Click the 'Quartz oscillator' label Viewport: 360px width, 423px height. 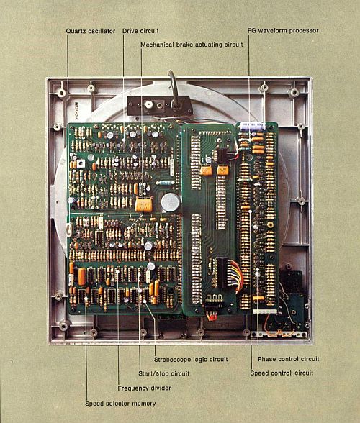91,31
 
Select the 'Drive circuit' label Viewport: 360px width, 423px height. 140,31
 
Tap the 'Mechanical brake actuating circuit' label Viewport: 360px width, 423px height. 192,45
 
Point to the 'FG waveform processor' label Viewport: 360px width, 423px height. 283,30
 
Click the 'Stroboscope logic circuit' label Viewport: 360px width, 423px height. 191,360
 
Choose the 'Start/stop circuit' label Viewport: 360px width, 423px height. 164,373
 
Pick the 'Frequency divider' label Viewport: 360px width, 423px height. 144,388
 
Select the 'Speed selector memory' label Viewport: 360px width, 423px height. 120,404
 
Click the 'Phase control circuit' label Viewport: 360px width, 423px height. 289,359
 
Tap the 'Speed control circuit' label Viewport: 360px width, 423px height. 282,373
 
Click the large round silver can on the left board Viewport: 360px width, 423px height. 171,202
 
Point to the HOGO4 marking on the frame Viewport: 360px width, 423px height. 76,111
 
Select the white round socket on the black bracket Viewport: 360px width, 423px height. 148,104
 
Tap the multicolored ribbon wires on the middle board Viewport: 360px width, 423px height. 235,275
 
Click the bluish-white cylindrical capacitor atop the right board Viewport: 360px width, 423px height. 253,126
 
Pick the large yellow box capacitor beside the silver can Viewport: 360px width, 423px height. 144,204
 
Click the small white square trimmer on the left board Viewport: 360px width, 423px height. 81,163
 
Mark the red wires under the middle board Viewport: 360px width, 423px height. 212,315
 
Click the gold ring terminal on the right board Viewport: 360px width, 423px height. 269,224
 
